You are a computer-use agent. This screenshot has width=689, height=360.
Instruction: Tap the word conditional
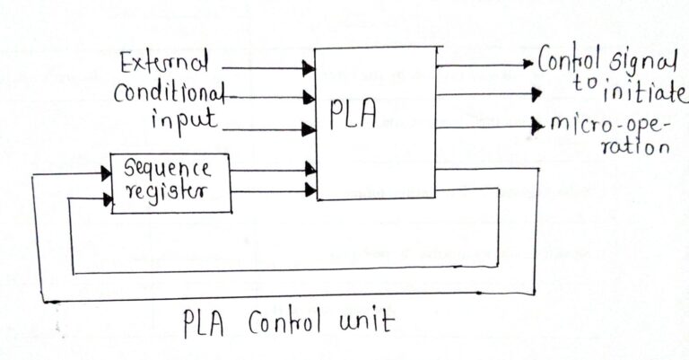(x=168, y=94)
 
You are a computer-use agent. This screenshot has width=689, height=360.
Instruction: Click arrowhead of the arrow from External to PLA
(x=309, y=67)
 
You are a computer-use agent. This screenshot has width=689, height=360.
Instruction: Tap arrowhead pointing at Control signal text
(x=529, y=64)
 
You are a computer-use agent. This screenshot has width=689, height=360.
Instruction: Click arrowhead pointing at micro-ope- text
(x=537, y=123)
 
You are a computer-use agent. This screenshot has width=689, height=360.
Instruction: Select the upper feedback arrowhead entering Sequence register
(x=105, y=173)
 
